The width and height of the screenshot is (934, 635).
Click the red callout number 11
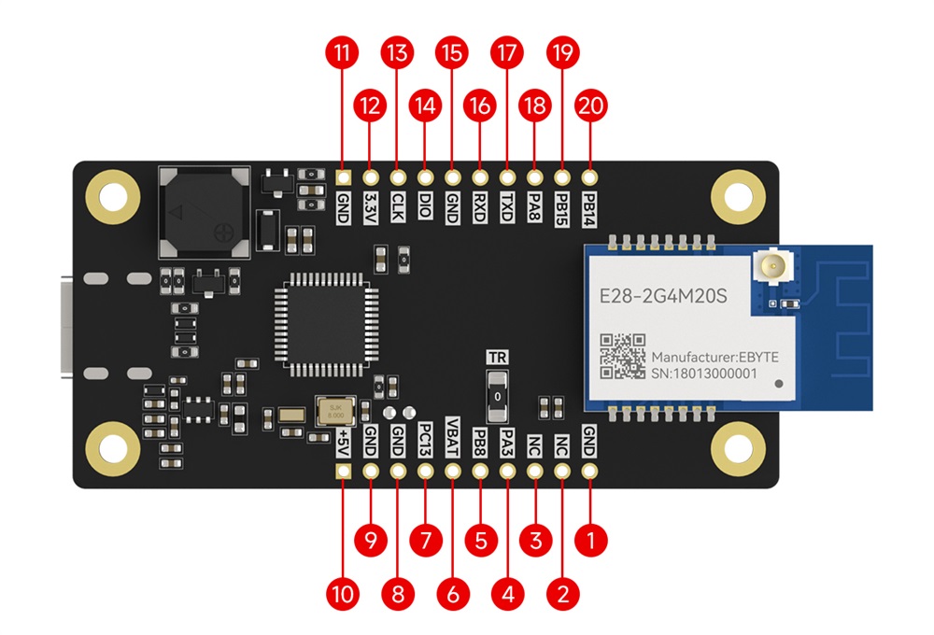click(x=344, y=52)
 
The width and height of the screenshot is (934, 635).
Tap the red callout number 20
click(x=590, y=106)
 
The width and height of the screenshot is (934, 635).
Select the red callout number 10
click(x=344, y=593)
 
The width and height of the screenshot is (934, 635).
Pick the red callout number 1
click(x=590, y=539)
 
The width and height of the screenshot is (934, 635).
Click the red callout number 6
click(x=453, y=593)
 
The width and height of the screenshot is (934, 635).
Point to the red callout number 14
click(x=426, y=106)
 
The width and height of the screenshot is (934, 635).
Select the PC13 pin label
click(x=426, y=436)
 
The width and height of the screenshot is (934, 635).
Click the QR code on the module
click(x=621, y=356)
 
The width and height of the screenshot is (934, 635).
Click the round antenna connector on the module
click(x=771, y=271)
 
